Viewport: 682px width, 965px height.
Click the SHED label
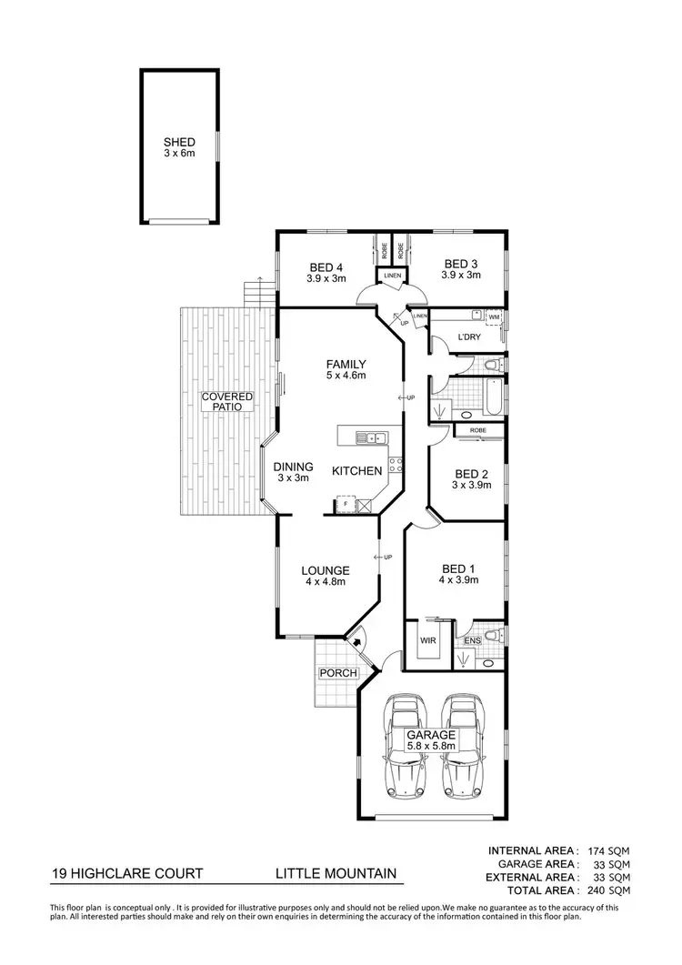pyautogui.click(x=179, y=143)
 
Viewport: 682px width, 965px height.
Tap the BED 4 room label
pyautogui.click(x=326, y=266)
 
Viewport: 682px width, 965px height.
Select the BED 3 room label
pyautogui.click(x=460, y=264)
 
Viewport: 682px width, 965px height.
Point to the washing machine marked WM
pyautogui.click(x=494, y=317)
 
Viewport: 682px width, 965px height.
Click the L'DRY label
pyautogui.click(x=469, y=337)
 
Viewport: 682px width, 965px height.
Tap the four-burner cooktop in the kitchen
pyautogui.click(x=396, y=467)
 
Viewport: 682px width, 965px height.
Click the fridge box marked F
pyautogui.click(x=345, y=505)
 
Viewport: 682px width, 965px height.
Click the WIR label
pyautogui.click(x=427, y=641)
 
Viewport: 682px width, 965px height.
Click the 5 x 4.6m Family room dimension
pyautogui.click(x=346, y=375)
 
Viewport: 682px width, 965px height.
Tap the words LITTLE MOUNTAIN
pyautogui.click(x=336, y=874)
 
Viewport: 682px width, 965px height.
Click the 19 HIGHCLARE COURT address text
pyautogui.click(x=127, y=874)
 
